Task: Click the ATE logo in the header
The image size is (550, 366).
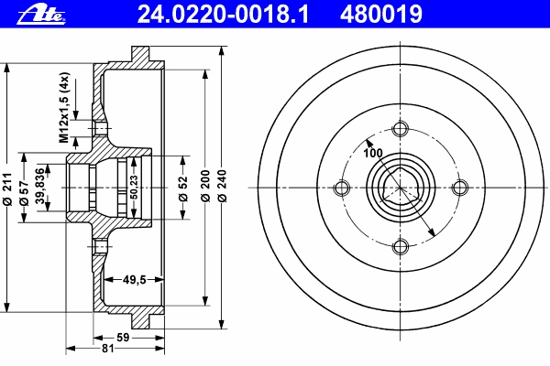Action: tap(41, 16)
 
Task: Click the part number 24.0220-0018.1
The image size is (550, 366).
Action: tap(223, 15)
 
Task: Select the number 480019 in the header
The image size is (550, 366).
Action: tap(381, 15)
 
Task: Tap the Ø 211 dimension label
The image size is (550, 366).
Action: tap(7, 188)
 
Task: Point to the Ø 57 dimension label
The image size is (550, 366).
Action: tap(24, 193)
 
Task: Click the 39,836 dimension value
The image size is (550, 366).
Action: tap(40, 186)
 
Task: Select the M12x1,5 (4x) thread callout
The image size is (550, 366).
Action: tap(64, 108)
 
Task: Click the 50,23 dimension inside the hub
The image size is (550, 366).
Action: tap(134, 187)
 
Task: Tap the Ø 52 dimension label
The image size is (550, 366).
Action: tap(182, 188)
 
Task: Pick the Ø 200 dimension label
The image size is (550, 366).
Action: tap(205, 186)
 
